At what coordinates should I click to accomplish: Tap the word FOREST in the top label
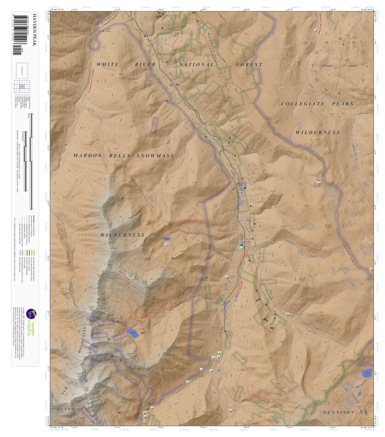249,65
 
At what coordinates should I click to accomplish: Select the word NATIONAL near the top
196,65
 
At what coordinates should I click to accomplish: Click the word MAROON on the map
87,156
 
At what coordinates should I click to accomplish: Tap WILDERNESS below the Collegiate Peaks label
317,132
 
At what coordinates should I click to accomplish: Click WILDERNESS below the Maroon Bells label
122,235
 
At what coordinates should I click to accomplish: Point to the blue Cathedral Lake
132,334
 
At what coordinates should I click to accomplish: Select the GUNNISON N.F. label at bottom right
345,413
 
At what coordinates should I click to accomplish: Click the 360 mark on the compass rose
340,39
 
